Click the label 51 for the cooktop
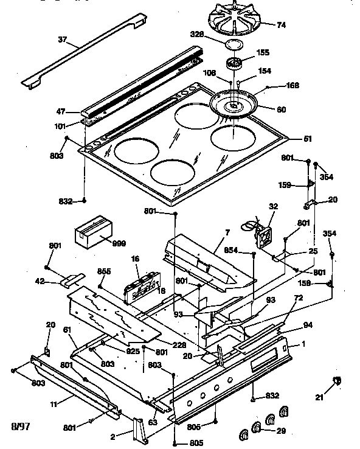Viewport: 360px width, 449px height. coord(308,139)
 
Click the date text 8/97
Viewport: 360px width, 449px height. coord(19,425)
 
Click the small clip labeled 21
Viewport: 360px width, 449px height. coord(336,381)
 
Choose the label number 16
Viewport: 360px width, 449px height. coord(136,259)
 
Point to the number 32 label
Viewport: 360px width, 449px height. coord(273,206)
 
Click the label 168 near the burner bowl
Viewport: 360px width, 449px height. coord(292,86)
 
